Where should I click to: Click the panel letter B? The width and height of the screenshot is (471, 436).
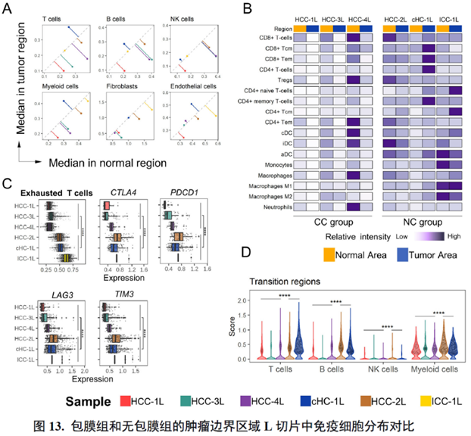coord(248,9)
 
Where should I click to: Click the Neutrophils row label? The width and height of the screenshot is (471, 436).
coord(272,206)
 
